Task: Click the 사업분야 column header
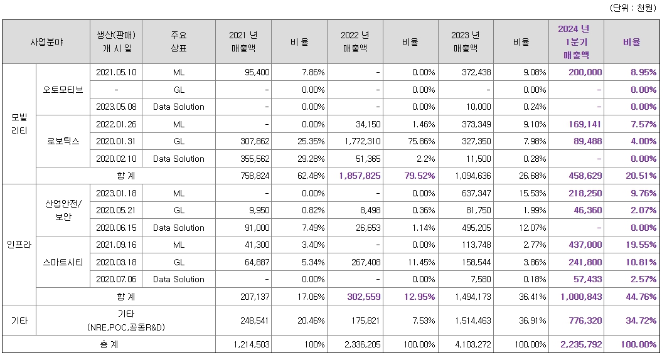tap(46, 42)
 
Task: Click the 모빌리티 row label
tap(19, 124)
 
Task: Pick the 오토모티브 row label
tap(63, 89)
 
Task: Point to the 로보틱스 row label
tap(63, 141)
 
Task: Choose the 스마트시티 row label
tap(63, 262)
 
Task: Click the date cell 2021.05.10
tap(116, 72)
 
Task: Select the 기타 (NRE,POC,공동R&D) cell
tap(125, 320)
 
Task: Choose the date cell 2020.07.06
tap(116, 279)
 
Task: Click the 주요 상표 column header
tap(179, 42)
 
